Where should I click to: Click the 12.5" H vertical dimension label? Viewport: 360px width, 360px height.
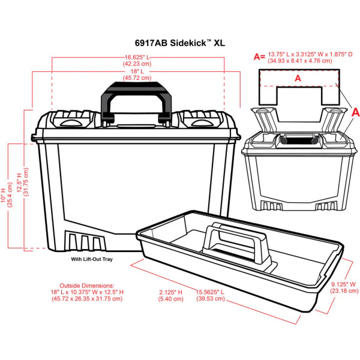22,180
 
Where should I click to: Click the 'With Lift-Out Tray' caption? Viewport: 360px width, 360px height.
92,259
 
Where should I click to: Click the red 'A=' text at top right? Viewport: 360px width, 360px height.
259,56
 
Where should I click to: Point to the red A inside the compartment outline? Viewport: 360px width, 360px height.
298,77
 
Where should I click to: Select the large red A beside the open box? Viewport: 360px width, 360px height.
354,112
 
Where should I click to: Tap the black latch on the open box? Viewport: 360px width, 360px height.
298,140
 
